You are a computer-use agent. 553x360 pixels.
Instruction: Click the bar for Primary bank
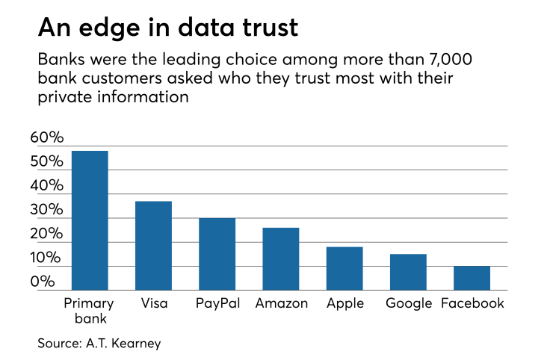point(90,220)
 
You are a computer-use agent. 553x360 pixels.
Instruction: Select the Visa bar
point(153,246)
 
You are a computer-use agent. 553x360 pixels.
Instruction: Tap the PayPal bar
point(217,254)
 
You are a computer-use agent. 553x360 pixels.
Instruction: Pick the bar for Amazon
point(281,258)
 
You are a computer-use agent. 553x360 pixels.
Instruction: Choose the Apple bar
point(345,268)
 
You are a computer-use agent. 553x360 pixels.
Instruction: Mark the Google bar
point(408,272)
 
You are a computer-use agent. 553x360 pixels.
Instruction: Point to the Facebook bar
point(472,278)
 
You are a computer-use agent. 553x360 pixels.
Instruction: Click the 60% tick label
point(47,137)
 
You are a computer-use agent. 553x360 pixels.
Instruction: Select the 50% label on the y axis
point(47,162)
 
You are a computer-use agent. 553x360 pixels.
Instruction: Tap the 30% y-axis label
point(47,210)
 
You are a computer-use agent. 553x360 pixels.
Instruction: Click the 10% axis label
point(47,258)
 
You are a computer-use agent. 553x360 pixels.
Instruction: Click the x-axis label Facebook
point(472,303)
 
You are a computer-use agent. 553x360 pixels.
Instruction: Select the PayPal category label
point(217,303)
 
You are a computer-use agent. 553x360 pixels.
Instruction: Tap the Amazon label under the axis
point(281,303)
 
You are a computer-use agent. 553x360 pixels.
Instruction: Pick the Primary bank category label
point(89,311)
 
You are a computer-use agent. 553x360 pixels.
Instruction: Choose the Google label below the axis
point(409,303)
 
